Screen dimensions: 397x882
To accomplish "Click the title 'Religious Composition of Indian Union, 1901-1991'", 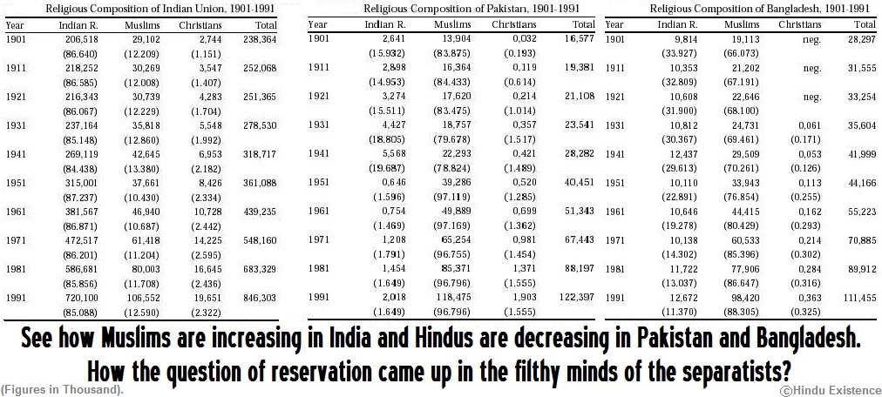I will click(149, 9).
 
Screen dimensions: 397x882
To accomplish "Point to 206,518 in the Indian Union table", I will click(80, 40).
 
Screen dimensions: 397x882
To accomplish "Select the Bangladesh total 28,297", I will click(860, 40).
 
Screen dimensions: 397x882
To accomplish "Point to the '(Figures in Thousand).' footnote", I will click(61, 389).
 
